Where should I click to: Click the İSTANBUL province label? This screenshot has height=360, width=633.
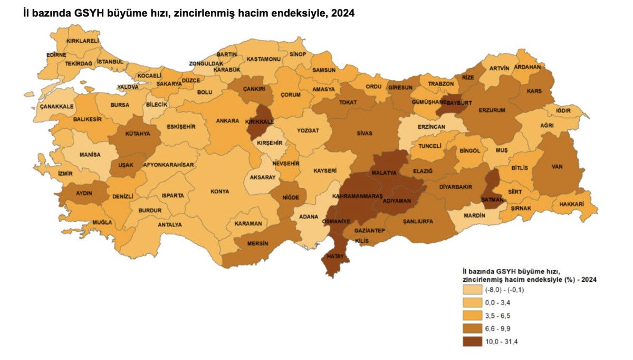(x=110, y=62)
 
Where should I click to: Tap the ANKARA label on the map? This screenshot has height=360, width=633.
(x=227, y=120)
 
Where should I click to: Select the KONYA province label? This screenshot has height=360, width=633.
(x=219, y=192)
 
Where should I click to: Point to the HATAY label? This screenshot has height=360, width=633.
(x=335, y=256)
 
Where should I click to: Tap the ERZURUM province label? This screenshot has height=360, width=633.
(x=492, y=110)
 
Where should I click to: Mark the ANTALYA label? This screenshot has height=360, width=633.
(x=169, y=224)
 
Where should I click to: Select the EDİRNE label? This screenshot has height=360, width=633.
(x=56, y=54)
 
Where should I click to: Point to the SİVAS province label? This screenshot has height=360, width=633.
(x=364, y=134)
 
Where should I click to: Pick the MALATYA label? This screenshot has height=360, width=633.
(x=384, y=173)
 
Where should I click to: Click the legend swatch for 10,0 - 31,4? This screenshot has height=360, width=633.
(x=473, y=341)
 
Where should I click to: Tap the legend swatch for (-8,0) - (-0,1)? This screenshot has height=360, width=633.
(x=473, y=289)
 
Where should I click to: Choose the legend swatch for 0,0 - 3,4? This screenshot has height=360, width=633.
(x=473, y=302)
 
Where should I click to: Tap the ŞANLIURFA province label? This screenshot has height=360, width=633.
(x=417, y=221)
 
